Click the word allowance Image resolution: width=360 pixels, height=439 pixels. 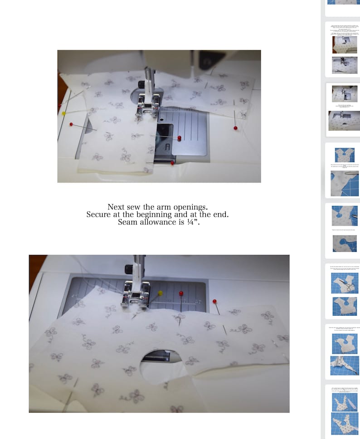pos(157,222)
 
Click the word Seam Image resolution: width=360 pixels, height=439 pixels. pos(127,222)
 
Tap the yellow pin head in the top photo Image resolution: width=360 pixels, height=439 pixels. pos(64,113)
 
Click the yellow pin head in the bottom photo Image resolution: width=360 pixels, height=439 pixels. pos(160,293)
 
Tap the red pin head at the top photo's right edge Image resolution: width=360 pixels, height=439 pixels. pos(235,128)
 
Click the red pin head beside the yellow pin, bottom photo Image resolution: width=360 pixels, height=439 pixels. pos(181,293)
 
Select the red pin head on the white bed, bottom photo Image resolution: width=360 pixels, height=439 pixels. pos(214,301)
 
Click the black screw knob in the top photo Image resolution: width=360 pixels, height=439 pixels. pos(141,84)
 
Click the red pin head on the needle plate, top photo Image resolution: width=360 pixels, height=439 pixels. pos(179,138)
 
